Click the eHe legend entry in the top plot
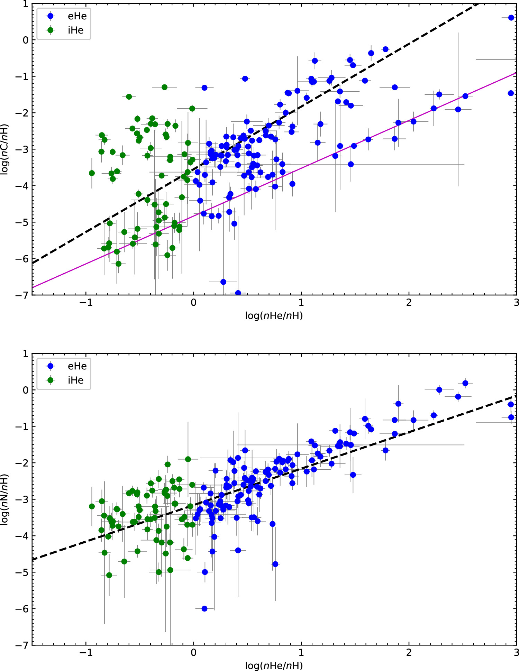pos(77,16)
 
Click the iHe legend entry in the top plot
pos(75,30)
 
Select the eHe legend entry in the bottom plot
pos(77,366)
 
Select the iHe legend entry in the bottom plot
pos(75,380)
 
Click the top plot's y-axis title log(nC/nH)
pos(4,149)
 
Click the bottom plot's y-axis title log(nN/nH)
pos(4,499)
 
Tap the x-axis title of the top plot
pos(274,315)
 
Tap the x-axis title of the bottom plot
pos(274,665)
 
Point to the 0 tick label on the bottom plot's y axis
pos(25,390)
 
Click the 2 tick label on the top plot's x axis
pos(409,303)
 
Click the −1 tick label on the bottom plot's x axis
pos(86,653)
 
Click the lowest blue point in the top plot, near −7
pos(238,293)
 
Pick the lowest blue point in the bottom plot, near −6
pos(204,609)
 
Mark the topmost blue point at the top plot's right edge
pos(511,18)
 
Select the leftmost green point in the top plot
pos(92,173)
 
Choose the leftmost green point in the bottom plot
pos(92,506)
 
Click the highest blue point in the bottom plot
pos(465,383)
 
